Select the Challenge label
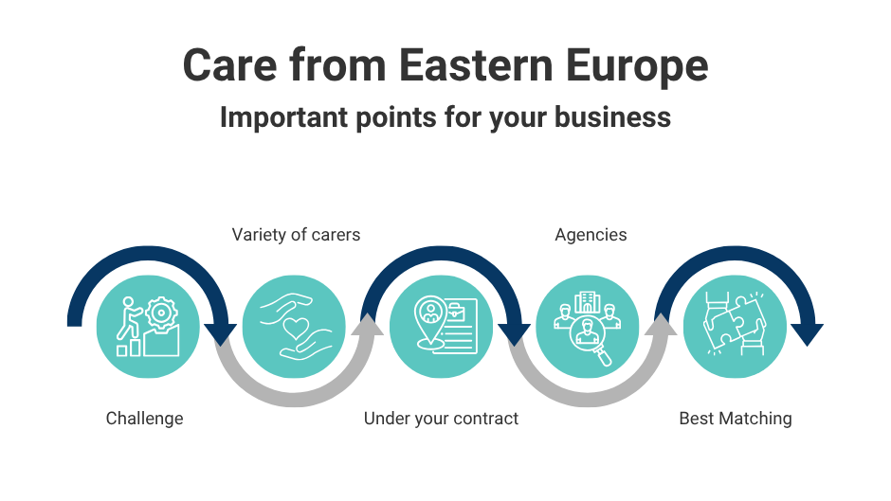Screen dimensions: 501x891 [144, 418]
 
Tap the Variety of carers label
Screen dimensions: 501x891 [296, 235]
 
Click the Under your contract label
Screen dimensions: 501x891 [441, 418]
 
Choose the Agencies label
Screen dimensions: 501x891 [591, 235]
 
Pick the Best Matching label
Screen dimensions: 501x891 [735, 418]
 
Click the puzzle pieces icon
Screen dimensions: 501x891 [735, 326]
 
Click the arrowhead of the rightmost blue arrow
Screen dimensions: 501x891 [808, 333]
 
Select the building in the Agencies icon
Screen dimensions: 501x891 [588, 300]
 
